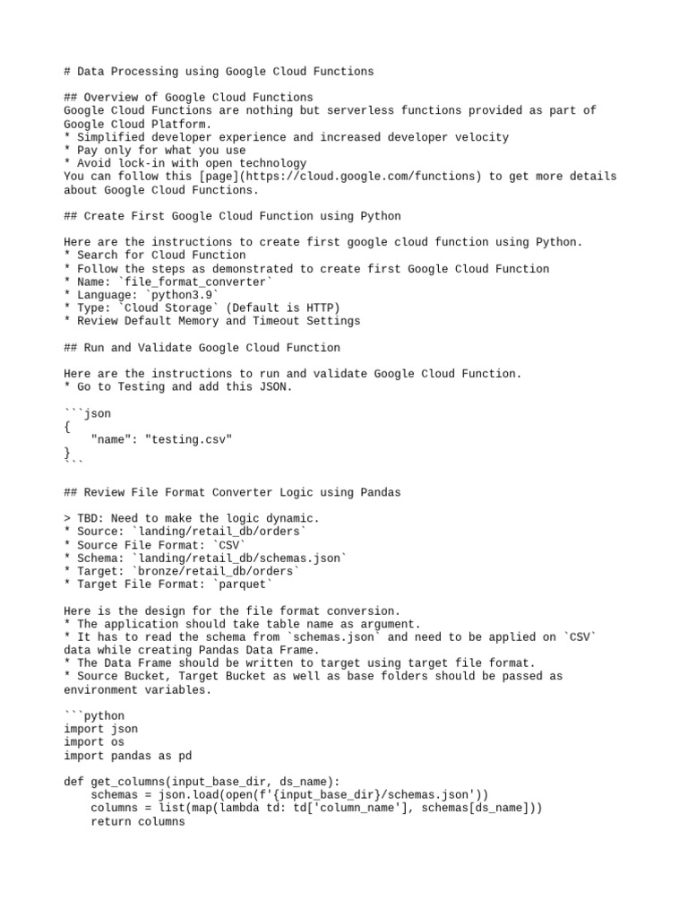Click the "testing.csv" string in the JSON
pyautogui.click(x=188, y=439)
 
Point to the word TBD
pyautogui.click(x=90, y=519)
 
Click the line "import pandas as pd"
pyautogui.click(x=128, y=756)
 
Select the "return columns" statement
pyautogui.click(x=138, y=821)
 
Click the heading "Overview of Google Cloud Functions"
pyautogui.click(x=198, y=98)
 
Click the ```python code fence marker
pyautogui.click(x=94, y=716)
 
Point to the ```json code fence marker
pyautogui.click(x=88, y=413)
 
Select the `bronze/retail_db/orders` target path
pyautogui.click(x=216, y=571)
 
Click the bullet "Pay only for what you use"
pyautogui.click(x=160, y=151)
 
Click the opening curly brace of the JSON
pyautogui.click(x=67, y=427)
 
